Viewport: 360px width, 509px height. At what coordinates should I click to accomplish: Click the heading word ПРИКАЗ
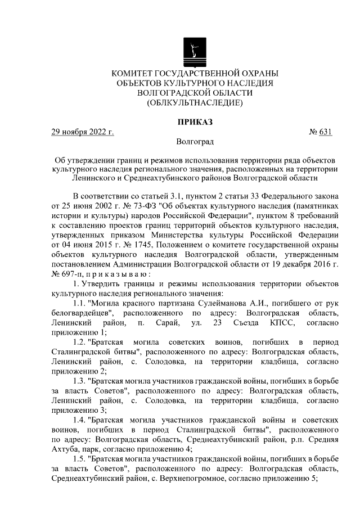click(195, 122)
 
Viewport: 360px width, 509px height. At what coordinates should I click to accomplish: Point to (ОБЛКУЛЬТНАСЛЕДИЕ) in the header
click(195, 102)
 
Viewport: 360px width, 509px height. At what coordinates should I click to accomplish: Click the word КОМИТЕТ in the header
click(134, 74)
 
